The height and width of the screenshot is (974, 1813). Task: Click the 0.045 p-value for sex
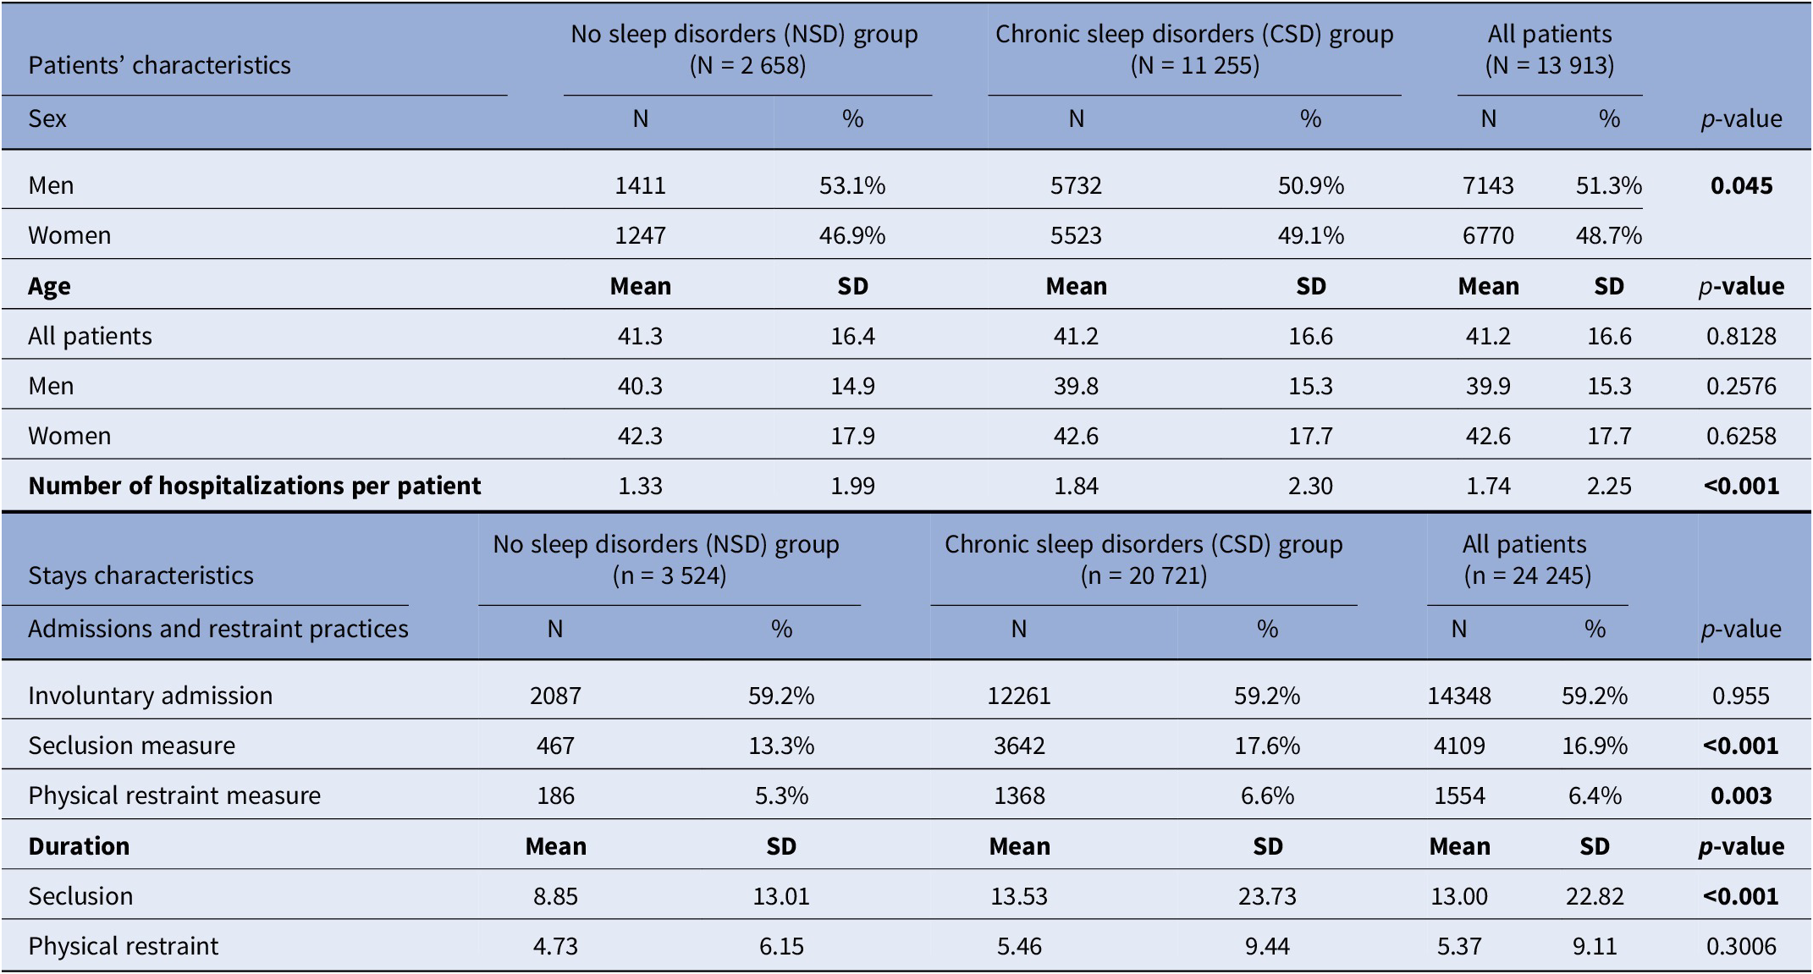1741,185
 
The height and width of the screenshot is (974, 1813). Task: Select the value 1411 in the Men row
640,185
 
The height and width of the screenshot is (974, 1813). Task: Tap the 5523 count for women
1076,235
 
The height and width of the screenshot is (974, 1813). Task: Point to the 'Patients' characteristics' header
159,65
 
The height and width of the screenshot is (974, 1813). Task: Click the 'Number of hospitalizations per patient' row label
254,486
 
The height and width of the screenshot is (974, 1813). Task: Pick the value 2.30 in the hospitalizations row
1310,486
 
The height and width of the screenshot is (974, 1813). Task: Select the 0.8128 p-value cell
1741,336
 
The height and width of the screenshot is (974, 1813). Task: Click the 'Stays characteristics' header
141,575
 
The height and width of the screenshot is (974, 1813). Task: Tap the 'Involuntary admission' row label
150,696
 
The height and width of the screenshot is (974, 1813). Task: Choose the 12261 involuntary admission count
1019,696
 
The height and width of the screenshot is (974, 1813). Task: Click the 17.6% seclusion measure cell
1267,746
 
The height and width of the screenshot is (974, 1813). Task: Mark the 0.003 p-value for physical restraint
1741,795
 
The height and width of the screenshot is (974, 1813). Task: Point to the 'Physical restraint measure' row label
174,795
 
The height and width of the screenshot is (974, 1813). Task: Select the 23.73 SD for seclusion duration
1267,896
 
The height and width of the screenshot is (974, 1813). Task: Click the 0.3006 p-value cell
1741,946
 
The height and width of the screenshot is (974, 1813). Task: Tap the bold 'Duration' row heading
79,846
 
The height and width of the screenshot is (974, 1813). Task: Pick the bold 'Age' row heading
49,286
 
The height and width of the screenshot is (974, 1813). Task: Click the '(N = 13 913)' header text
1550,65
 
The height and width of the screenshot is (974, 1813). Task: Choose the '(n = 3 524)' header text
670,575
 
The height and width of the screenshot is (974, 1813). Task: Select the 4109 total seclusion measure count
1459,746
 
